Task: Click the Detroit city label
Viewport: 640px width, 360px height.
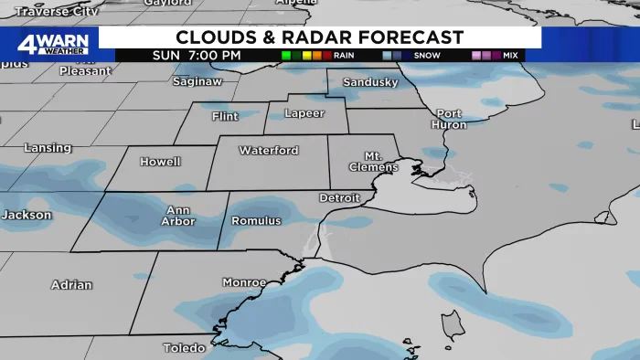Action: pos(341,197)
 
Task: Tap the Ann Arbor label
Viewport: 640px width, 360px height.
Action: pos(178,215)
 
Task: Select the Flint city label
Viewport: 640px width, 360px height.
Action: pos(224,117)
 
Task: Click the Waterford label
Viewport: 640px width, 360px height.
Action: pos(269,150)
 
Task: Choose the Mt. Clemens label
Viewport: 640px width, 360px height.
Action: pos(374,162)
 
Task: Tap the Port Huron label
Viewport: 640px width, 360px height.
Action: pos(448,119)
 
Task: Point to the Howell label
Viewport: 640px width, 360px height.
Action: pos(159,162)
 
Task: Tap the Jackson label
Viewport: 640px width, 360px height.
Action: pos(26,215)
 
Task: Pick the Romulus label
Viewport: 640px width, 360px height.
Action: pos(256,221)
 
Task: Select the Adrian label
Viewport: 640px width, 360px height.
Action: pos(71,284)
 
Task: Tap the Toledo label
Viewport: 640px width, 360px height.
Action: pos(185,348)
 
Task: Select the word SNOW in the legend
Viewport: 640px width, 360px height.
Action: pos(427,56)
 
